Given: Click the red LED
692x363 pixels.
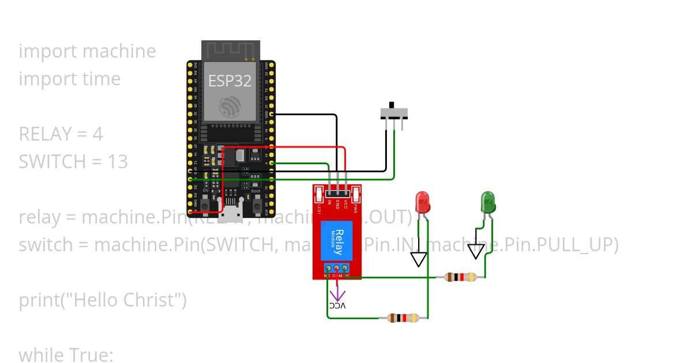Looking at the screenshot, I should click(423, 203).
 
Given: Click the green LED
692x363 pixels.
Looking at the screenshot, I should click(488, 203).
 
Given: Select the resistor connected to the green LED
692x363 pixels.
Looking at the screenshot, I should click(460, 277).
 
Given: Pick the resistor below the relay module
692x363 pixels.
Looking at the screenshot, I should click(404, 318).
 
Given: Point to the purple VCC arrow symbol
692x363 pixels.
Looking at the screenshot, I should click(337, 295).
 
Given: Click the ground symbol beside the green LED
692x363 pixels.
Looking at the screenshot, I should click(476, 251).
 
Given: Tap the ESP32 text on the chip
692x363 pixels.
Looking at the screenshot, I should click(230, 81).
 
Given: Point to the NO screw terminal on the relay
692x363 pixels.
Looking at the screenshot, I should click(328, 269).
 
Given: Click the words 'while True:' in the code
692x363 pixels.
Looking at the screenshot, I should click(66, 354).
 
